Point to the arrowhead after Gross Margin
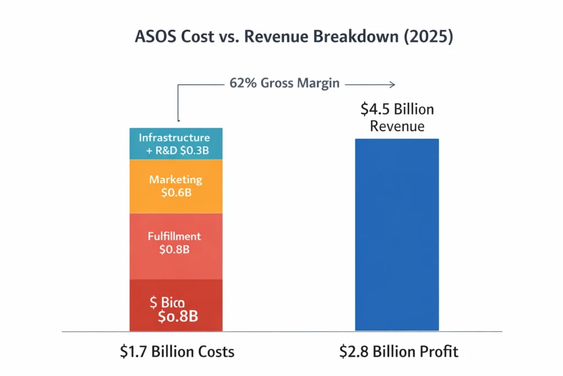392,84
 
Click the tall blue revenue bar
397,235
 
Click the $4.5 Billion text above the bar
397,109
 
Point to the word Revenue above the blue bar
397,127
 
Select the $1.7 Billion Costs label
177,351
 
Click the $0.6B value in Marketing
175,193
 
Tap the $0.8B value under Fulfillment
175,249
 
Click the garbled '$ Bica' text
167,302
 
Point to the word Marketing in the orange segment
175,180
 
